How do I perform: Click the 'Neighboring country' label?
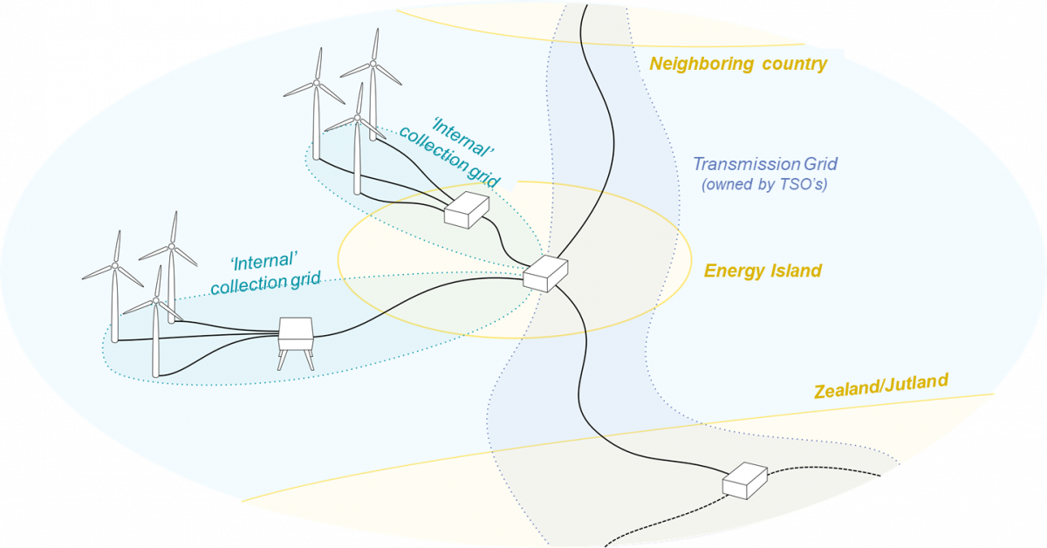(x=738, y=64)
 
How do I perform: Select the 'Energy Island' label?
(x=763, y=271)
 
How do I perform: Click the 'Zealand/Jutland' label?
(x=880, y=385)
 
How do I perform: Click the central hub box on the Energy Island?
(x=545, y=273)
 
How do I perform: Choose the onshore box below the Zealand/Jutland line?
(x=744, y=480)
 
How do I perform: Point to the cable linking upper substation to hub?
(x=505, y=245)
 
